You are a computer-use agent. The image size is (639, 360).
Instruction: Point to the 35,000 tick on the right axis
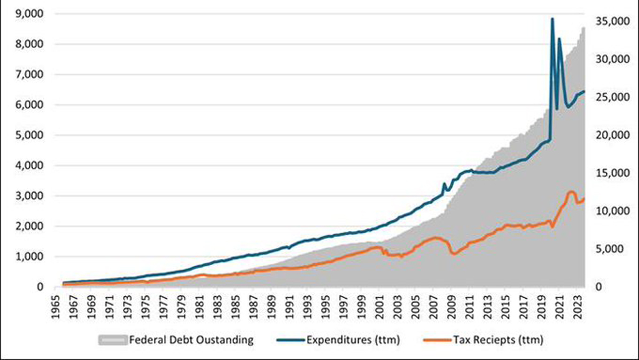click(608, 21)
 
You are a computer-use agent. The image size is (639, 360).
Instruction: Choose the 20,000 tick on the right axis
click(608, 135)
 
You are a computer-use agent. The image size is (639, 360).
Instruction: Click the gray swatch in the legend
click(112, 340)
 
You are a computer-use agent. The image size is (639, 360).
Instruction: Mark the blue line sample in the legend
click(289, 340)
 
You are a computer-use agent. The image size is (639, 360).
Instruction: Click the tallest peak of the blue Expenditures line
click(552, 19)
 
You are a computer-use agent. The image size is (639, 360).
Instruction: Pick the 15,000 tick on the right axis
click(608, 173)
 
